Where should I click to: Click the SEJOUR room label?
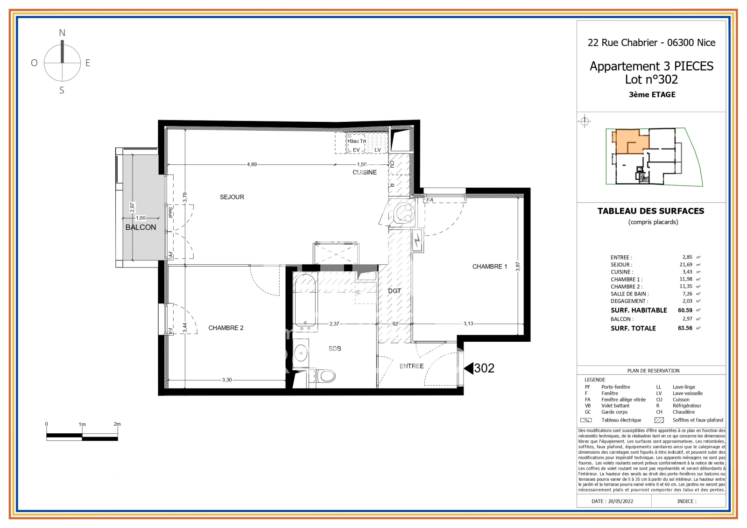coord(232,197)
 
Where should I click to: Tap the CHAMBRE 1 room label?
coord(489,267)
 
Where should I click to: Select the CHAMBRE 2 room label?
coord(226,328)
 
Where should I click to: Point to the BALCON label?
coord(141,227)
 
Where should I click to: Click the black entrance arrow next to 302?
coord(468,368)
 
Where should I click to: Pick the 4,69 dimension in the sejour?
coord(252,164)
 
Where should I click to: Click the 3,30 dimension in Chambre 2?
coord(227,380)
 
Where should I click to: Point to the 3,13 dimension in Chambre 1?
coord(468,324)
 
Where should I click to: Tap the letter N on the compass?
coord(62,33)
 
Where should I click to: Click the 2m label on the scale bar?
coord(117,424)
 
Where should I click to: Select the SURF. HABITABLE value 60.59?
coord(685,310)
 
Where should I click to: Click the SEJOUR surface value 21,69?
coord(686,265)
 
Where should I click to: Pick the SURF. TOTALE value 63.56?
coord(685,328)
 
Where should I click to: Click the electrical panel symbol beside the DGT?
coord(417,240)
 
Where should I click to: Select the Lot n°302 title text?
coord(651,80)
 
